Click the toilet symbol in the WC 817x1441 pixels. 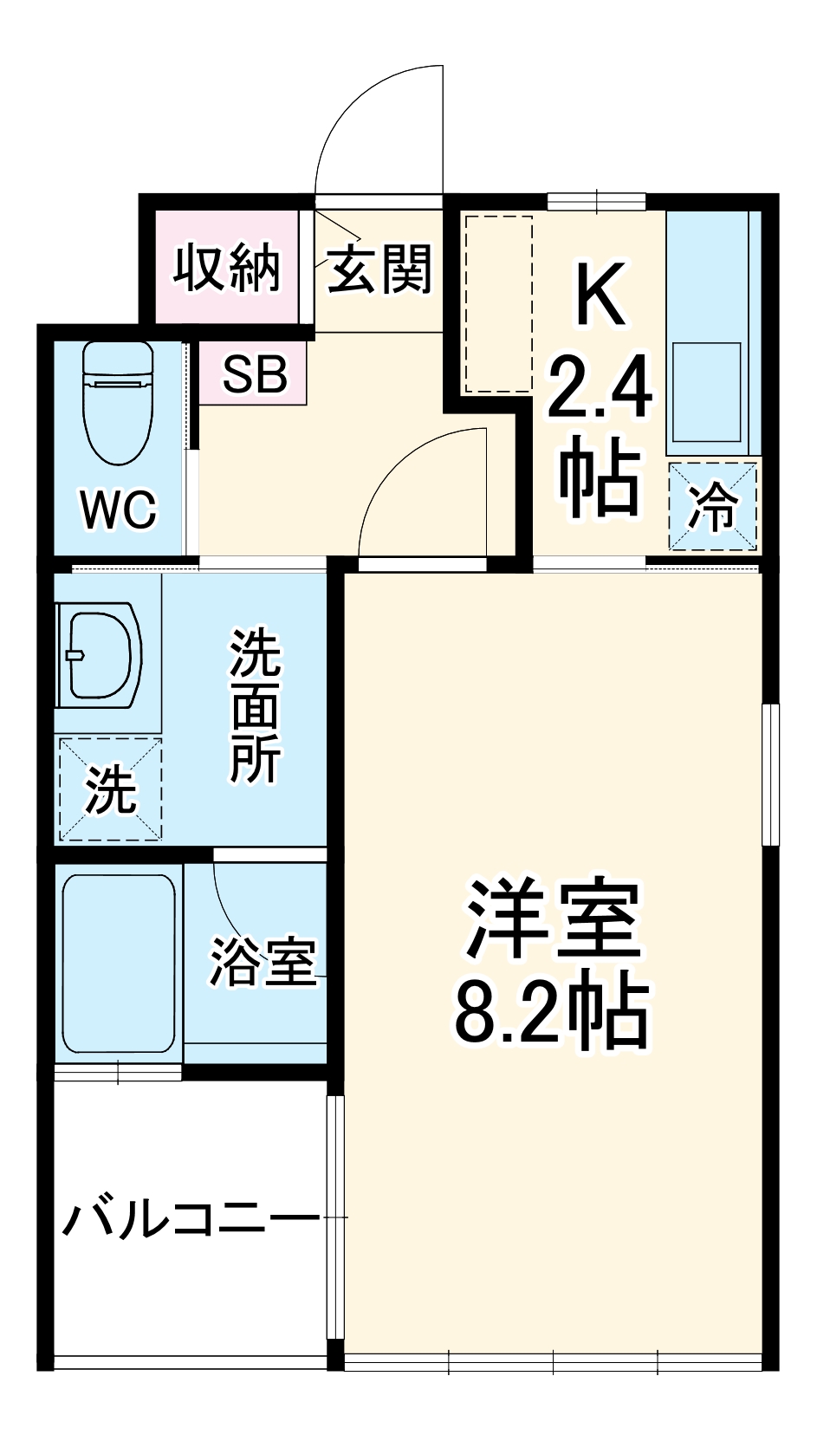pyautogui.click(x=118, y=404)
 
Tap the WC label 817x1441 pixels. pyautogui.click(x=119, y=510)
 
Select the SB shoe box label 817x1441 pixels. pyautogui.click(x=254, y=373)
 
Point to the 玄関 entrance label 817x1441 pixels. pyautogui.click(x=379, y=269)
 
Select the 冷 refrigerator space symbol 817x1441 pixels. pyautogui.click(x=713, y=506)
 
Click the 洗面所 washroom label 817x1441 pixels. pyautogui.click(x=256, y=707)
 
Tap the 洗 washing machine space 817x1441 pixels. pyautogui.click(x=110, y=789)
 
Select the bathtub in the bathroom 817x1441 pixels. pyautogui.click(x=119, y=963)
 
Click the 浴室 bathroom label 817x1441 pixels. pyautogui.click(x=263, y=961)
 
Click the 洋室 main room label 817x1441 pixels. pyautogui.click(x=553, y=920)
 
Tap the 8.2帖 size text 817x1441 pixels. pyautogui.click(x=553, y=1012)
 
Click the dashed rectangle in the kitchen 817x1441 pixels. pyautogui.click(x=498, y=304)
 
